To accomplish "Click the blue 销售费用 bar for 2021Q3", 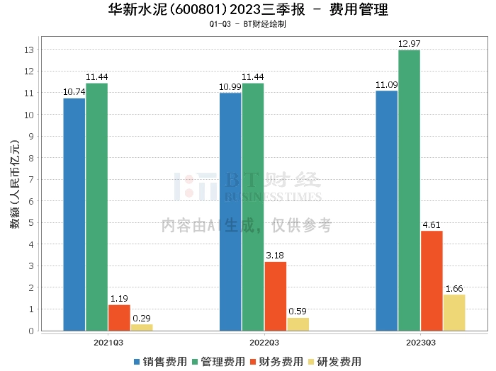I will (x=74, y=214).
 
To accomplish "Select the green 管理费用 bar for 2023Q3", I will (x=409, y=190).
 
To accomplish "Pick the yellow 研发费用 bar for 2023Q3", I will (x=453, y=312).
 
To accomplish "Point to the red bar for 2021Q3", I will (x=119, y=317).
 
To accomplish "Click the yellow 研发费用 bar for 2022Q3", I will (x=298, y=324).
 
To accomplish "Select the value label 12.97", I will (x=409, y=44).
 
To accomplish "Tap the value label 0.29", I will (x=142, y=319).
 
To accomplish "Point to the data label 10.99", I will (x=230, y=86).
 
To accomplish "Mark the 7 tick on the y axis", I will (x=31, y=179).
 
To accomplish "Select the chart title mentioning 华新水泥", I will (x=248, y=10).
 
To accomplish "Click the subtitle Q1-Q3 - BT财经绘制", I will (x=248, y=24).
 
